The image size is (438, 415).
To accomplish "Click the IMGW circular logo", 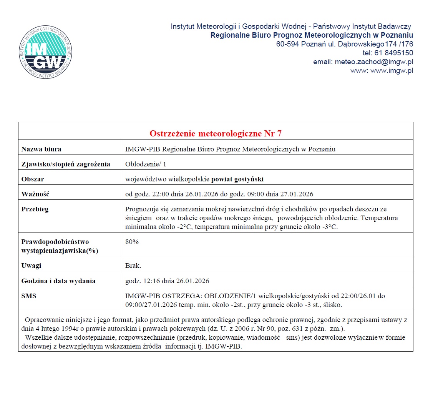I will pos(46,52).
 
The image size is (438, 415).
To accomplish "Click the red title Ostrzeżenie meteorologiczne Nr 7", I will pos(216,133).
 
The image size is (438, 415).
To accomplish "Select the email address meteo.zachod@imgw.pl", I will pos(374,62).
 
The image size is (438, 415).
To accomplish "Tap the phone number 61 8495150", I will pos(394,53).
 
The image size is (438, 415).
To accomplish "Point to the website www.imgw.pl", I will pos(392,71).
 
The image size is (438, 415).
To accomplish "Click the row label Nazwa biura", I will pos(41,149).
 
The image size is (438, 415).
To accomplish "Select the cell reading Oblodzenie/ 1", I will pos(146,164).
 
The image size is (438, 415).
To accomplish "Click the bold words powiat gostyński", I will pos(237,179).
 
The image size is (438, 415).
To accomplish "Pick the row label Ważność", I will pos(35,194).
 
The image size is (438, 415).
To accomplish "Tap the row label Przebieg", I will pos(35,209).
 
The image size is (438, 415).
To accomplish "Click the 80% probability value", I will pos(132,242).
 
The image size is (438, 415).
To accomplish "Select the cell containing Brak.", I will pos(133,266).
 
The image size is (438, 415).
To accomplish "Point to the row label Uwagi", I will pos(32,266).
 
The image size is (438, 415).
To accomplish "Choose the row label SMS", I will pos(29,296).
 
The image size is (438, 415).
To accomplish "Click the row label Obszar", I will pos(33,179).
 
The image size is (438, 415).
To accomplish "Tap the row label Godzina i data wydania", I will pos(58,281).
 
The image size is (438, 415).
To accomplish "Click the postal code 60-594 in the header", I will pos(287,44).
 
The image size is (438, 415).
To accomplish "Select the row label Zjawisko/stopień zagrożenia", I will pos(66,164).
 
